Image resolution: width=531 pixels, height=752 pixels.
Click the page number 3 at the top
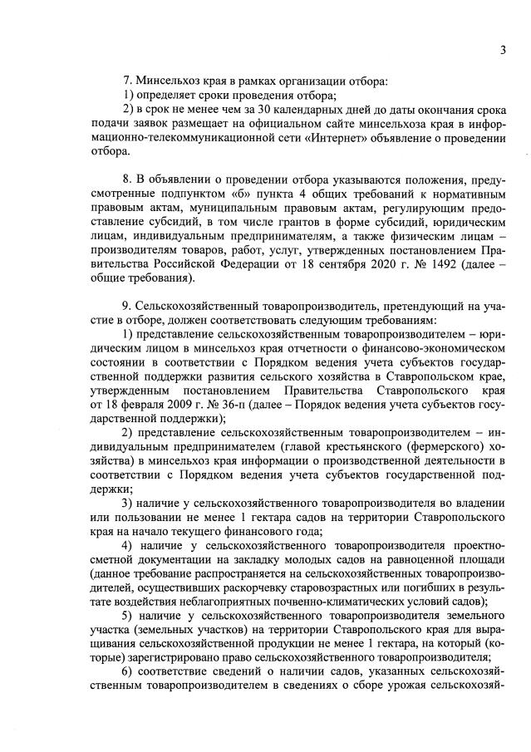(x=504, y=50)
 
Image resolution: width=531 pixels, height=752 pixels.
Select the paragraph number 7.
(x=127, y=81)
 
